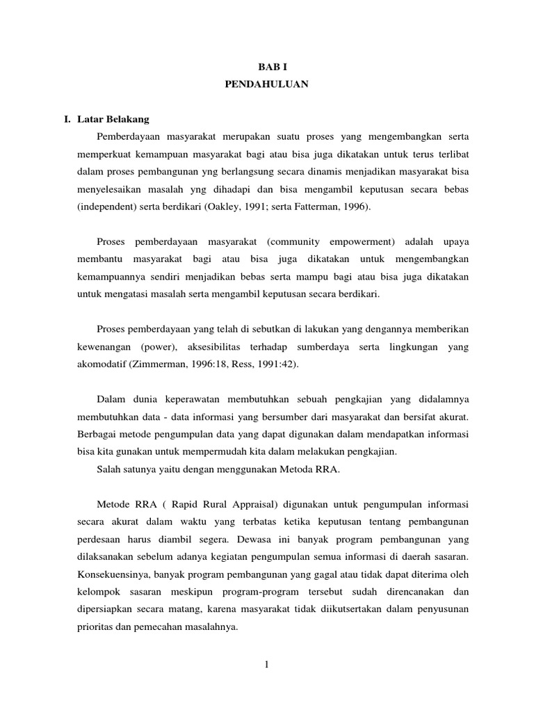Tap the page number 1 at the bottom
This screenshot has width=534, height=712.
[x=266, y=665]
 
